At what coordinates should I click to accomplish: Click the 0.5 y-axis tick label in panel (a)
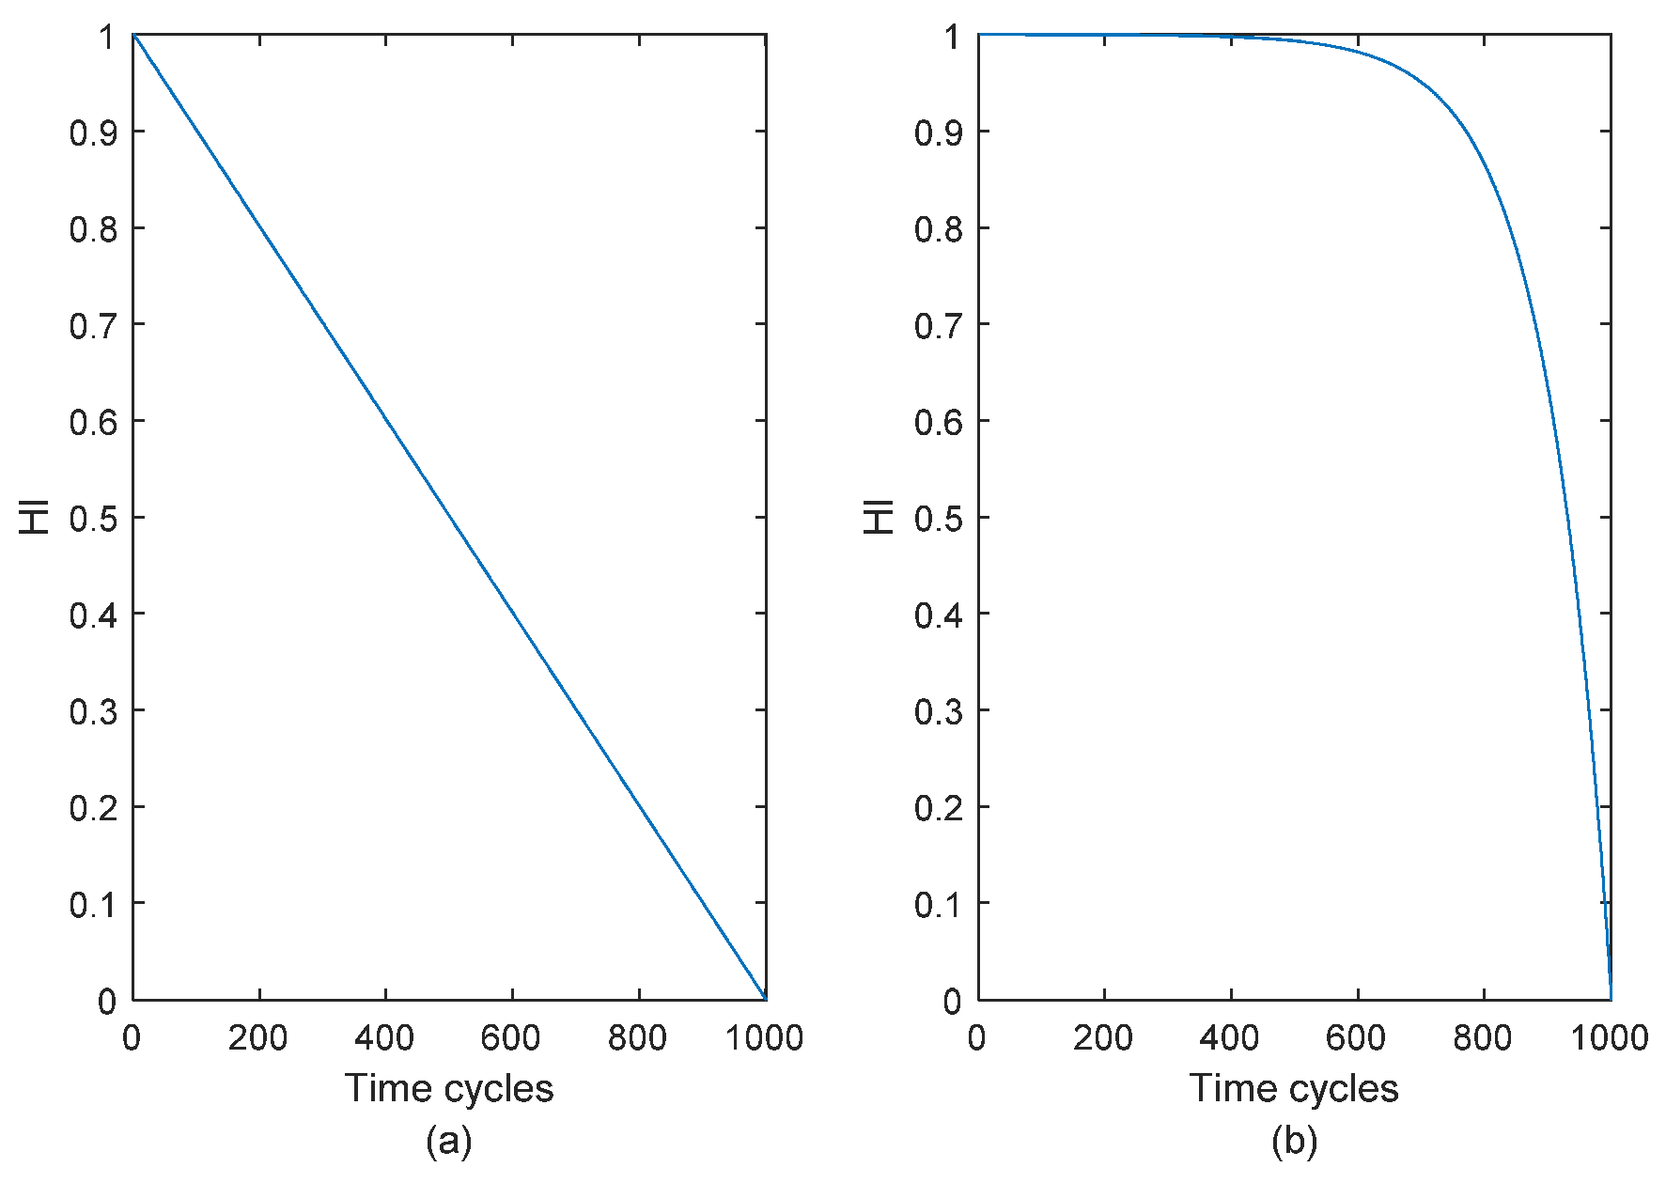pos(94,518)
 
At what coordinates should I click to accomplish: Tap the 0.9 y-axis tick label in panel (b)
pos(939,132)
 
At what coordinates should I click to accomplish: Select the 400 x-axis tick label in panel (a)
pos(384,1038)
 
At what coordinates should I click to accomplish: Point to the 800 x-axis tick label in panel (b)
pos(1482,1038)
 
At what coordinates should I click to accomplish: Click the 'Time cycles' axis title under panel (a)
pos(449,1088)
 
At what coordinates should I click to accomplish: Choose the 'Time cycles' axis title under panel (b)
pos(1294,1088)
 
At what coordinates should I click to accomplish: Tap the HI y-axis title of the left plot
pos(35,518)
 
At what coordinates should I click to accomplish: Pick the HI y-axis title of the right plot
pos(880,518)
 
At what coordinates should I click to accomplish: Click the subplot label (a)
pos(449,1142)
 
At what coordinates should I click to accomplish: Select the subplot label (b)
pos(1294,1142)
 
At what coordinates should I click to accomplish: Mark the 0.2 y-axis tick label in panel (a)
pos(94,807)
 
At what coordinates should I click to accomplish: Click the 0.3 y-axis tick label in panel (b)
pos(939,711)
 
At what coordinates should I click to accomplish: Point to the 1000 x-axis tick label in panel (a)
pos(765,1038)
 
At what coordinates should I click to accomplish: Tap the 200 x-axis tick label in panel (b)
pos(1103,1038)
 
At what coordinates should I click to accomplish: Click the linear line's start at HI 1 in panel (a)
pos(133,35)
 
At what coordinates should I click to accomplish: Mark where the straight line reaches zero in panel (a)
pos(765,999)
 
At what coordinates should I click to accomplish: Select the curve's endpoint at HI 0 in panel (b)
pos(1611,999)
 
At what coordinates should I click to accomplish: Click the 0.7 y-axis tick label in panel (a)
pos(94,325)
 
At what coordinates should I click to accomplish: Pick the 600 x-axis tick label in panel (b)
pos(1356,1038)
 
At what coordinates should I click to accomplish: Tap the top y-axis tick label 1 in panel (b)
pos(953,38)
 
